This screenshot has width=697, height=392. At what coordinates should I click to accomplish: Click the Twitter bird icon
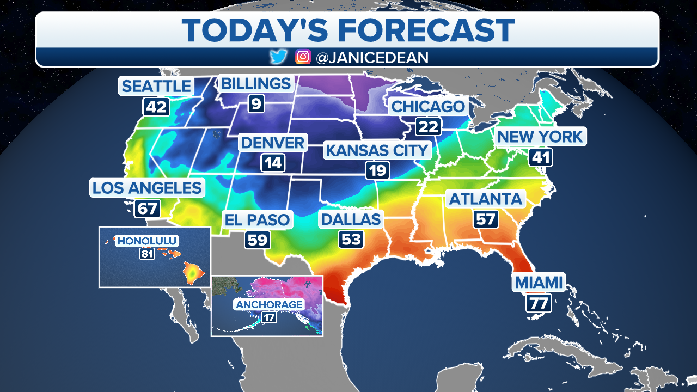click(279, 57)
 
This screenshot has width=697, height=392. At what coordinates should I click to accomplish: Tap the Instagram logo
click(303, 57)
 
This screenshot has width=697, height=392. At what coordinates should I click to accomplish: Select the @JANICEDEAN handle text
click(372, 57)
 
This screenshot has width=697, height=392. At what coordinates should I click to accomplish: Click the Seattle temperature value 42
click(156, 107)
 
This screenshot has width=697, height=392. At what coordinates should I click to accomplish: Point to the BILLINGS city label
click(255, 84)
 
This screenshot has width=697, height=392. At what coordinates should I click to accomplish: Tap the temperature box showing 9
click(255, 103)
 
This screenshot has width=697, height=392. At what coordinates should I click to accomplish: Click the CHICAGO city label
click(429, 106)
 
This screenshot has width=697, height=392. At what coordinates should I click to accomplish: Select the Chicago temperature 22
click(429, 126)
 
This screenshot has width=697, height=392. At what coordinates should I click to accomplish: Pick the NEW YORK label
click(540, 136)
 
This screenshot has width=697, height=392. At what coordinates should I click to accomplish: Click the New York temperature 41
click(540, 157)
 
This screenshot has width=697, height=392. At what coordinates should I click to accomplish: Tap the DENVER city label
click(273, 143)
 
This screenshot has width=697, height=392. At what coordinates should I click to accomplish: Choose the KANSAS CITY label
click(377, 150)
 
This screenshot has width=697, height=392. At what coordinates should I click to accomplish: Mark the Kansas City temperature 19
click(377, 170)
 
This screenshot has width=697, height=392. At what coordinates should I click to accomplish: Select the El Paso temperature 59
click(258, 240)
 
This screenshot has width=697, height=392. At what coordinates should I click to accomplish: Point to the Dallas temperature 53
click(351, 240)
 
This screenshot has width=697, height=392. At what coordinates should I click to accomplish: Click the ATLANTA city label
click(485, 199)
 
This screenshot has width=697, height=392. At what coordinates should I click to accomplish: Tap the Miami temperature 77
click(539, 302)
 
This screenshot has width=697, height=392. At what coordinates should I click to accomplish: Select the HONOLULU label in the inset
click(148, 241)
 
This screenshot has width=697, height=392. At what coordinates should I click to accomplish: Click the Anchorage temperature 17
click(268, 316)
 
